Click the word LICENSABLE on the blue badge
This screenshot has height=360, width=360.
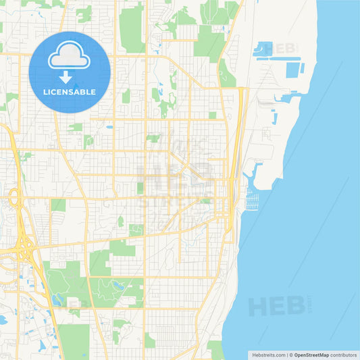pos(70,92)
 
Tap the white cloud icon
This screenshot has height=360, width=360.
pos(70,55)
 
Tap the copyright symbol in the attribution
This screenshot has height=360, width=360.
pos(291,355)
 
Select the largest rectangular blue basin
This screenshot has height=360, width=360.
pos(292,70)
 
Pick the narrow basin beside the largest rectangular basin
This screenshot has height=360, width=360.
pos(303,68)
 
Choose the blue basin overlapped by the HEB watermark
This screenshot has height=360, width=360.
pos(263,48)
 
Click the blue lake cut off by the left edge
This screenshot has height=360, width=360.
pos(3,319)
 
